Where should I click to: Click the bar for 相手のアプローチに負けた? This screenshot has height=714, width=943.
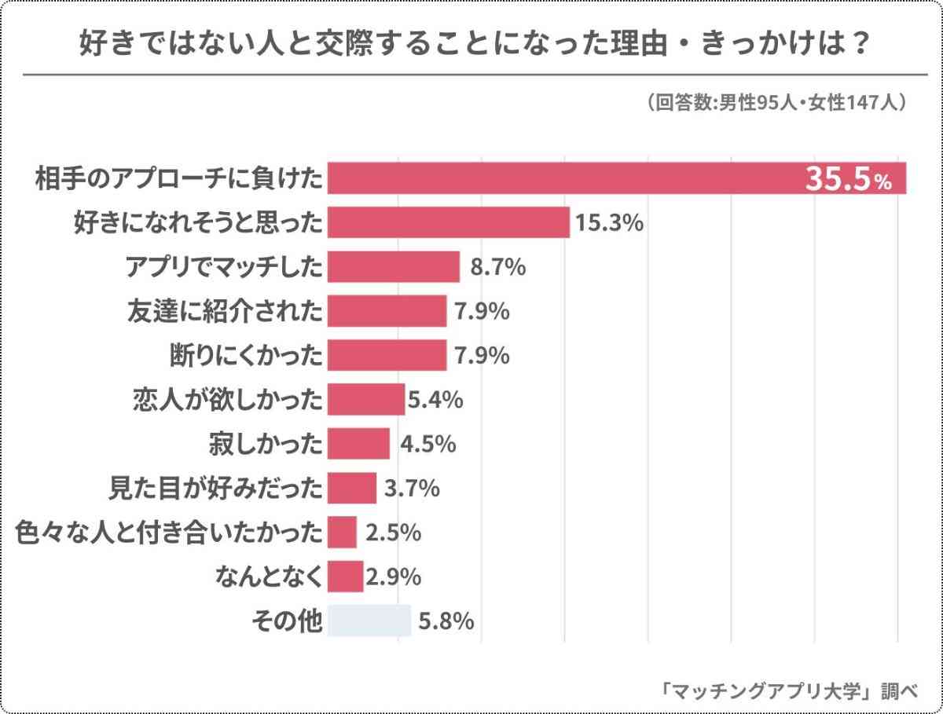pyautogui.click(x=617, y=178)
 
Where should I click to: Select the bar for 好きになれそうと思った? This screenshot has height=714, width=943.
pyautogui.click(x=448, y=222)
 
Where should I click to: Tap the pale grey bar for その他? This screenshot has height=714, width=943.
pyautogui.click(x=369, y=621)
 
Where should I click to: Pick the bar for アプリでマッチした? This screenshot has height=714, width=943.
pyautogui.click(x=393, y=267)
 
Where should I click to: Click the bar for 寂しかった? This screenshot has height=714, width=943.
pyautogui.click(x=358, y=444)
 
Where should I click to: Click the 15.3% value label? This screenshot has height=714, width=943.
pyautogui.click(x=610, y=223)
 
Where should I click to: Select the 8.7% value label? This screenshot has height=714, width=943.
pyautogui.click(x=497, y=267)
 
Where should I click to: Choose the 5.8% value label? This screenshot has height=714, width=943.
pyautogui.click(x=446, y=621)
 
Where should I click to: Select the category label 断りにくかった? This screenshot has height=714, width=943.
pyautogui.click(x=246, y=356)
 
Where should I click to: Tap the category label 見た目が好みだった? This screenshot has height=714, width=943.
pyautogui.click(x=215, y=489)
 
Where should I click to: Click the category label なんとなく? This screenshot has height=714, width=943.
pyautogui.click(x=269, y=577)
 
